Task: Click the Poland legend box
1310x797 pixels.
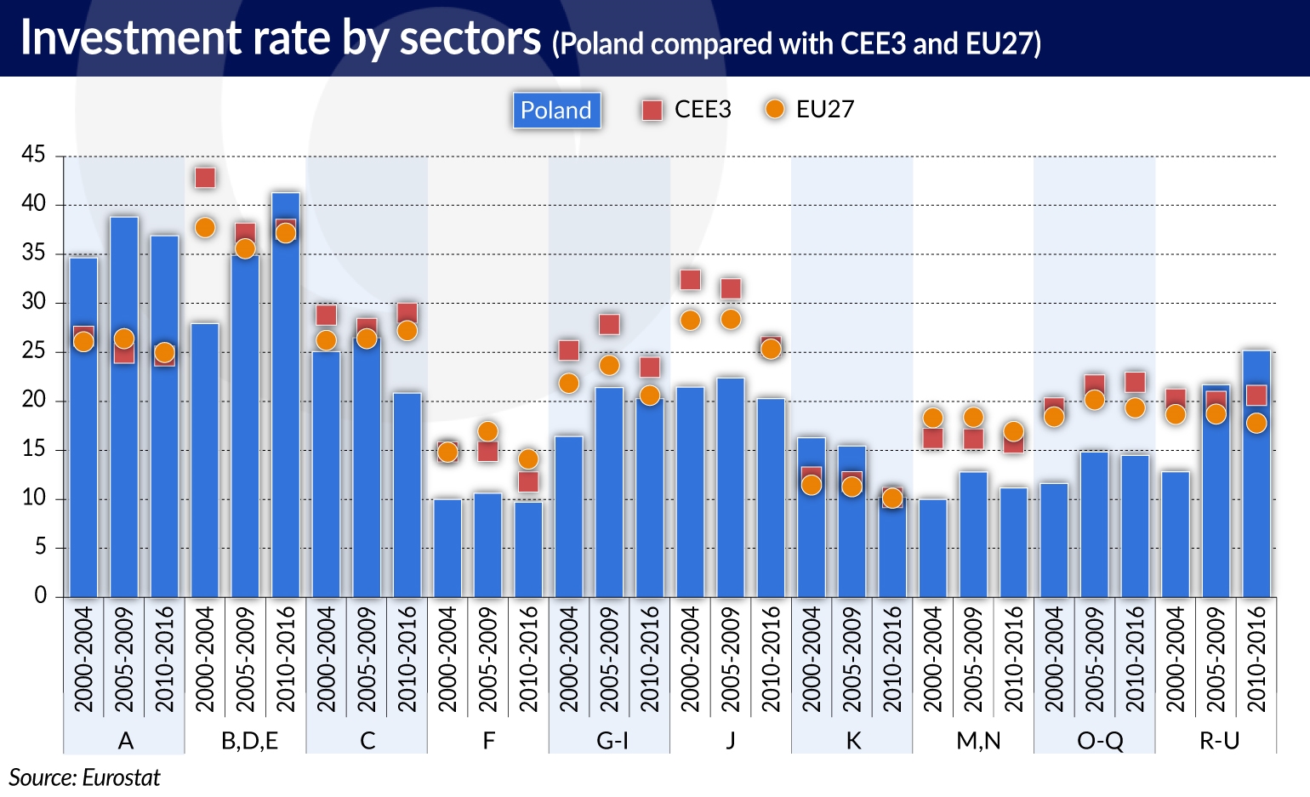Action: (x=556, y=111)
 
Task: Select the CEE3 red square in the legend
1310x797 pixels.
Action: (x=652, y=110)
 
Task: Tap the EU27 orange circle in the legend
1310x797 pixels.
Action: (x=775, y=110)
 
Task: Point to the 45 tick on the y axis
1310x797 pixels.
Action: (x=34, y=155)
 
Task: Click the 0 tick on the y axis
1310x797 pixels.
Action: (x=40, y=595)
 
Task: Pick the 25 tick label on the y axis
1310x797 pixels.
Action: (x=34, y=351)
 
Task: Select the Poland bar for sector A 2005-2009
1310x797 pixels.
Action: (x=124, y=408)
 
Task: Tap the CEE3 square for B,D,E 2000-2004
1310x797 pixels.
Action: (x=205, y=178)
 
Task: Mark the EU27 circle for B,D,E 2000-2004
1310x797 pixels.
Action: (x=205, y=228)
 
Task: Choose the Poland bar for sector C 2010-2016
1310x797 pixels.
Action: (x=407, y=494)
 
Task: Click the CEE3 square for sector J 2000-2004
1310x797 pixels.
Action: (x=690, y=280)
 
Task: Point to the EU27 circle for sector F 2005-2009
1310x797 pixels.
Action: (x=487, y=431)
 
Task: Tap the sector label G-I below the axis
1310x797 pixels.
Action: (x=611, y=741)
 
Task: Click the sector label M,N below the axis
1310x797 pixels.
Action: (x=978, y=741)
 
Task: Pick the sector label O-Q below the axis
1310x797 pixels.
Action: (x=1099, y=741)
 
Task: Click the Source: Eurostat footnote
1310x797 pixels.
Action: (x=84, y=777)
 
